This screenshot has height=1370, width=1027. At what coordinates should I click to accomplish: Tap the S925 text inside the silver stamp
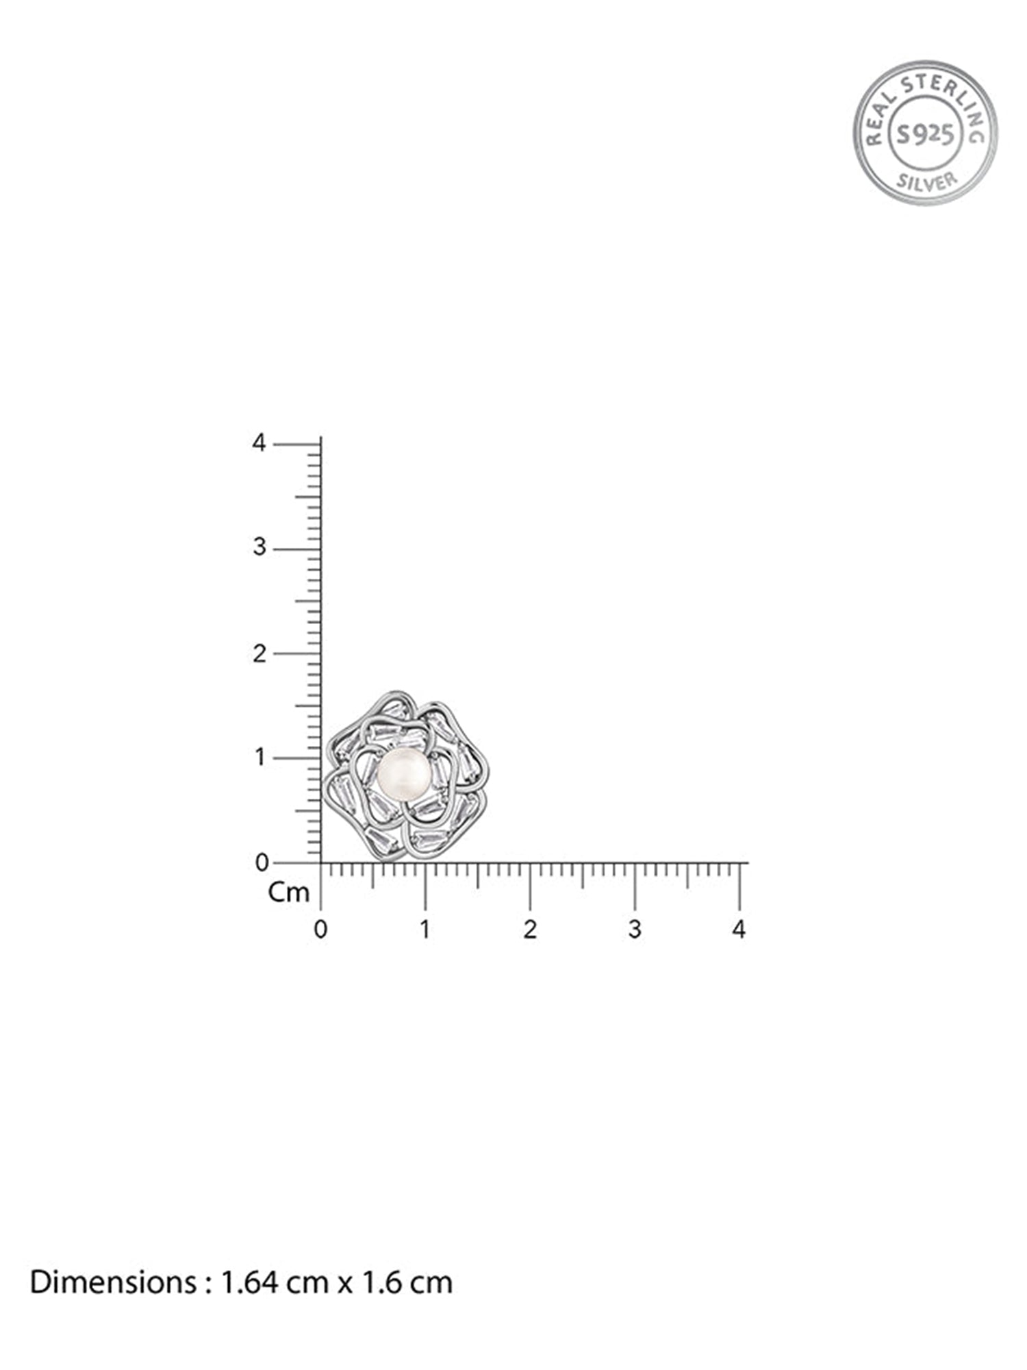coord(925,134)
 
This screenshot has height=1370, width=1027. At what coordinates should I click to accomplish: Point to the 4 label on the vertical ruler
coord(258,443)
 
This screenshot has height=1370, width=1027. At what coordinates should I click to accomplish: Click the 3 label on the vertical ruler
coord(259,548)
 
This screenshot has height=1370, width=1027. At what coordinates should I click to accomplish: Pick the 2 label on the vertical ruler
coord(259,653)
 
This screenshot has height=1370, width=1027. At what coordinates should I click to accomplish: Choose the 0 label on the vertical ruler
coord(261,863)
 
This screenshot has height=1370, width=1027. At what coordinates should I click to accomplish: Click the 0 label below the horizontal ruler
coord(320,930)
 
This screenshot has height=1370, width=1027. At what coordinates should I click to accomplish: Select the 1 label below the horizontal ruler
coord(425,930)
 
